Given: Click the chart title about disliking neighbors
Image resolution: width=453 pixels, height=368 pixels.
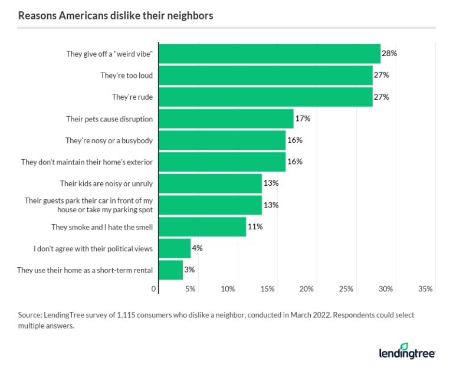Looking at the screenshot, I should click(x=116, y=15).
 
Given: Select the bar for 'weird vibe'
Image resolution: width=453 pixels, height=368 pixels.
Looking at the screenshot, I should click(x=270, y=54).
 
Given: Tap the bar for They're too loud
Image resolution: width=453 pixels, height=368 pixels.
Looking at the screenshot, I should click(x=265, y=75).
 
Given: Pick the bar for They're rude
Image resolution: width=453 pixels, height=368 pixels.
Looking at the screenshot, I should click(x=265, y=97).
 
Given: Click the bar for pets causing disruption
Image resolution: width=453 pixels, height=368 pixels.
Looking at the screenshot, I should click(x=226, y=119).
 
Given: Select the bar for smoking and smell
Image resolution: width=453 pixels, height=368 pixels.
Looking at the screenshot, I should click(x=202, y=226).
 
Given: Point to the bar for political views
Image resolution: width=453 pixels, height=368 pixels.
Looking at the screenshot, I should click(x=175, y=248).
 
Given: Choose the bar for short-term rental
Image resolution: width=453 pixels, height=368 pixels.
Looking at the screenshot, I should click(x=171, y=270).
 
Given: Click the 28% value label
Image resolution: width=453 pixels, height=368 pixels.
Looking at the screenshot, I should click(x=389, y=54).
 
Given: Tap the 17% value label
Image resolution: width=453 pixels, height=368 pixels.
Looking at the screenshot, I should click(x=303, y=119).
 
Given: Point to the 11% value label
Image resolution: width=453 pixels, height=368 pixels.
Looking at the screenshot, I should click(x=255, y=226).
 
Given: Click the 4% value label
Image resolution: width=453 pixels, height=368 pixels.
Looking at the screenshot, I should click(x=197, y=248).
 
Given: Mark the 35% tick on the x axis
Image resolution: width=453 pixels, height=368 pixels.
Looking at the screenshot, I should click(x=425, y=289).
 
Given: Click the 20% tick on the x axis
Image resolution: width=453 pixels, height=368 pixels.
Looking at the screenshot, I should click(x=307, y=289).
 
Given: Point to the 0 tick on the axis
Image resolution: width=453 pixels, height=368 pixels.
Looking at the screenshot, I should click(x=154, y=289).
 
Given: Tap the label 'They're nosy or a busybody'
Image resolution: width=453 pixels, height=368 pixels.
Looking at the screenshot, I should click(x=109, y=140).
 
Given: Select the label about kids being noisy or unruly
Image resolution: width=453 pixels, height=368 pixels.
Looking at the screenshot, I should click(x=106, y=183).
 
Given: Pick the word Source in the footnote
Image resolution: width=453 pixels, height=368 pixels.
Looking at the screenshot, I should click(x=30, y=315).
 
